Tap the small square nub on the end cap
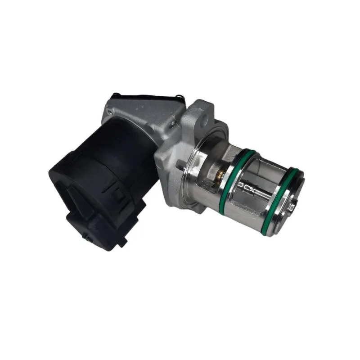(x=292, y=207)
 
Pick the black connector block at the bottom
(x=103, y=225)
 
